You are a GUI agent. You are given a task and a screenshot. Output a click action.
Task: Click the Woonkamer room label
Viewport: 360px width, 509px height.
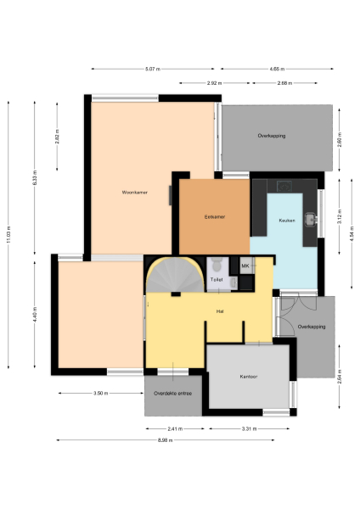[x=135, y=193]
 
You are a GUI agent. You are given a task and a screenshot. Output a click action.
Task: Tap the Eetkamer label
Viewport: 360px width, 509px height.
[x=215, y=217]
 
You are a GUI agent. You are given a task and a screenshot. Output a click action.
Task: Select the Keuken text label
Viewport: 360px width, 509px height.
[x=286, y=221]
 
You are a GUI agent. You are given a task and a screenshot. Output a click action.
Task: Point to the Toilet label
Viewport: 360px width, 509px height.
[x=217, y=278]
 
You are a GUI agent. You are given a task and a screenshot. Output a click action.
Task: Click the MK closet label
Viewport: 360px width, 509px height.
[x=245, y=266]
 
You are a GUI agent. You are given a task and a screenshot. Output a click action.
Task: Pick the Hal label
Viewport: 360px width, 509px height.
[x=220, y=311]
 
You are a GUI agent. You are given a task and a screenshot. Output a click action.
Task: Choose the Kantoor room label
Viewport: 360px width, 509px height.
[x=248, y=376]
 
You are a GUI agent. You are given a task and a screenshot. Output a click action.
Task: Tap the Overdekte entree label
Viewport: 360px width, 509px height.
[x=172, y=394]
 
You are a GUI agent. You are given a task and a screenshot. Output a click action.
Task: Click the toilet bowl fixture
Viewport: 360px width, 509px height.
[x=217, y=262]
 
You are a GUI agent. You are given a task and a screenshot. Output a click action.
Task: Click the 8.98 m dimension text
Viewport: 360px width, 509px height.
[x=176, y=440]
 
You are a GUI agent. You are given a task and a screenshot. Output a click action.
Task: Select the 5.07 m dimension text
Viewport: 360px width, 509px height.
[x=153, y=68]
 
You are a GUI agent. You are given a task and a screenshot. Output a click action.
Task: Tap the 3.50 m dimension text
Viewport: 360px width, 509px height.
[x=100, y=394]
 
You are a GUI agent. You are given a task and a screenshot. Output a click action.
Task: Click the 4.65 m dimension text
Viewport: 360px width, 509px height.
[x=277, y=68]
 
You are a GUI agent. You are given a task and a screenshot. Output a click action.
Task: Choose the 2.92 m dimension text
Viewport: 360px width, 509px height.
[x=214, y=82]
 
